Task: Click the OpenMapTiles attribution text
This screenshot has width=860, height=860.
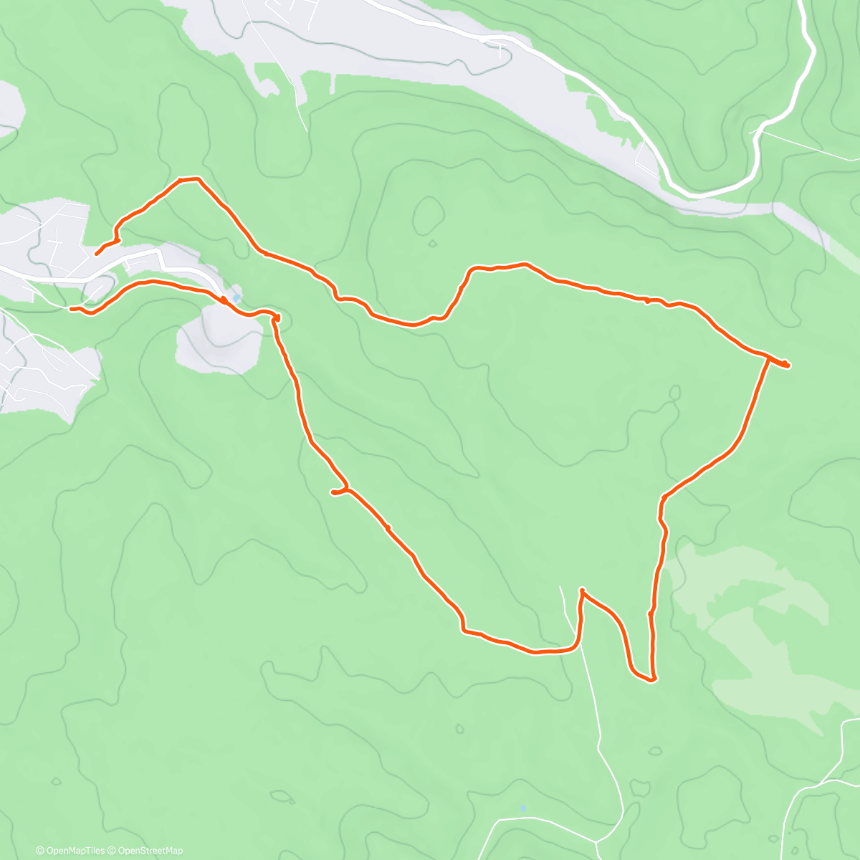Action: click(75, 851)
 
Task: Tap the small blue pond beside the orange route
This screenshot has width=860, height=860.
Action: click(236, 298)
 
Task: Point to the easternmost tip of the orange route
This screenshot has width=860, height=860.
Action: click(788, 366)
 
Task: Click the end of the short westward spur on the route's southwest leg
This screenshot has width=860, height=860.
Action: click(333, 492)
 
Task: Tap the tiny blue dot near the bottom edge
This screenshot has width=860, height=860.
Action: click(523, 808)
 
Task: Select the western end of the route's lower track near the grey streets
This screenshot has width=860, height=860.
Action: click(71, 309)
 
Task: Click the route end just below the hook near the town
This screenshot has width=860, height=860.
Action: click(97, 254)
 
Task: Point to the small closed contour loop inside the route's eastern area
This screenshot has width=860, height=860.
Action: click(674, 392)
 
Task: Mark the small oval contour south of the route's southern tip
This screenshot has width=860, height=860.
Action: click(654, 751)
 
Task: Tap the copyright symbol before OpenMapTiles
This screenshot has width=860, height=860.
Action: click(40, 851)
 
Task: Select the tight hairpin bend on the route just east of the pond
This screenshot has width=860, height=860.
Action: click(276, 317)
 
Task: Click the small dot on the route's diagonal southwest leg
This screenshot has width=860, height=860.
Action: click(388, 528)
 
